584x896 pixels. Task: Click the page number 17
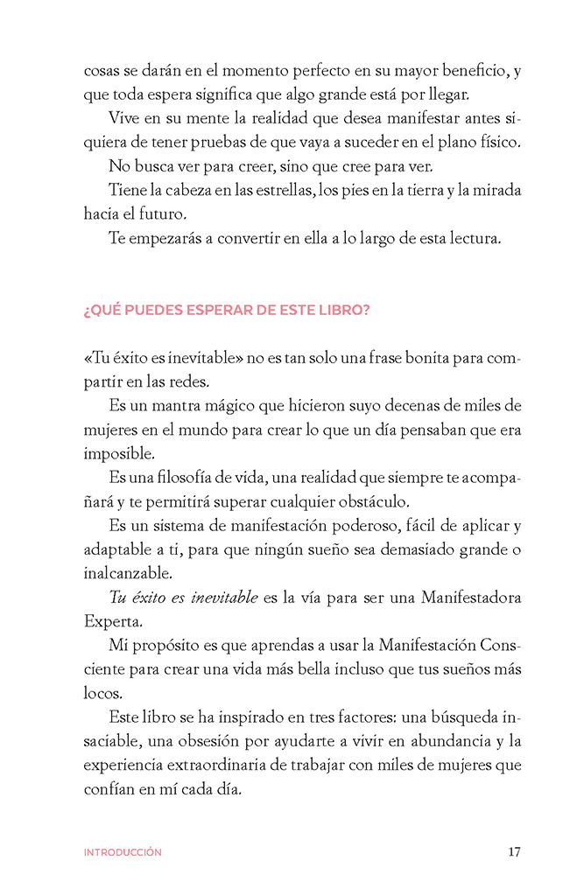514,851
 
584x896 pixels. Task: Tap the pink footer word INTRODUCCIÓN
123,852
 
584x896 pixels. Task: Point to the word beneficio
443,69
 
